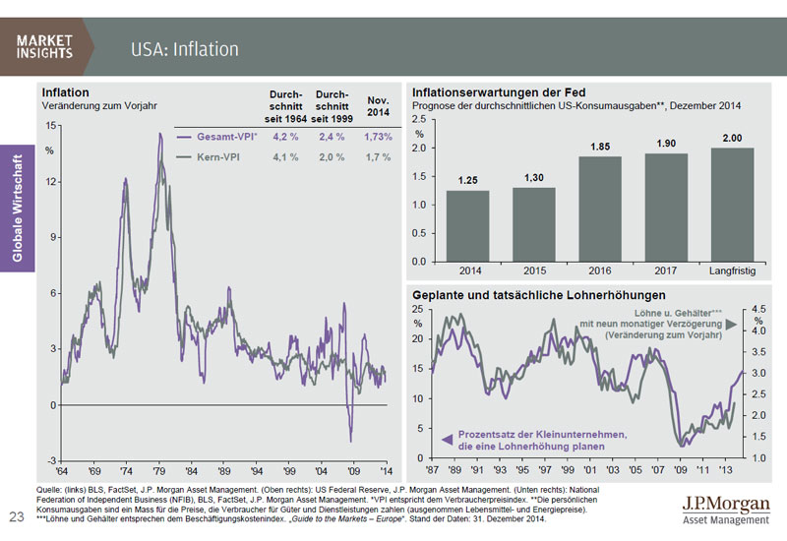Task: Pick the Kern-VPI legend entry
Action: pyautogui.click(x=222, y=156)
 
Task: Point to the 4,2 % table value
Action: pyautogui.click(x=286, y=136)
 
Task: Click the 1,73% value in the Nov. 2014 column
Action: pyautogui.click(x=378, y=136)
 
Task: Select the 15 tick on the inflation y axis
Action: pyautogui.click(x=51, y=125)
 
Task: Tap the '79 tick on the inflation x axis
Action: pyautogui.click(x=158, y=471)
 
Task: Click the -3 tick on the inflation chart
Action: pyautogui.click(x=51, y=460)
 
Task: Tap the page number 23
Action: pyautogui.click(x=16, y=516)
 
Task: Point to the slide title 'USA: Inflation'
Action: pyautogui.click(x=185, y=48)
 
